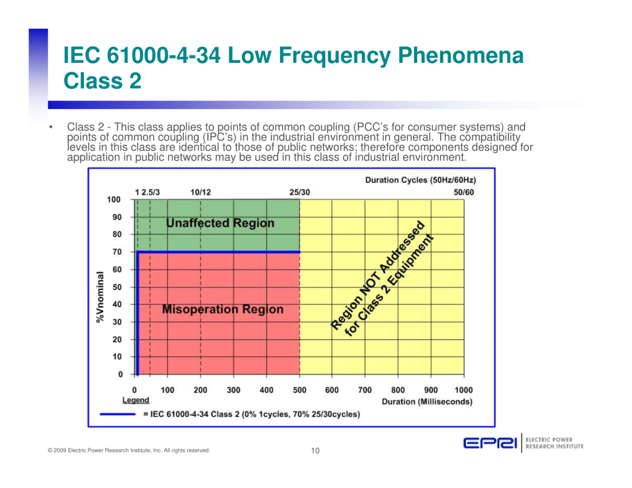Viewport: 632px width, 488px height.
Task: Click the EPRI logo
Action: click(491, 444)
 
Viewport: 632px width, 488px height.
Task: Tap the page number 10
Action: click(315, 451)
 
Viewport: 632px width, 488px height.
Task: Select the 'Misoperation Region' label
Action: click(222, 310)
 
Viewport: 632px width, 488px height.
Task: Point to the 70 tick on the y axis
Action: click(117, 252)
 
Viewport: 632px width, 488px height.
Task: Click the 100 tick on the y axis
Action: click(114, 199)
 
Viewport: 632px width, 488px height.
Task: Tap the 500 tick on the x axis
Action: click(299, 390)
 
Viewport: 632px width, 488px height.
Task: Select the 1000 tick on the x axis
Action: click(464, 390)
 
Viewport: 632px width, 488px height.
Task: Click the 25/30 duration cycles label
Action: click(299, 192)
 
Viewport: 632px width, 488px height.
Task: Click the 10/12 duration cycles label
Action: click(201, 192)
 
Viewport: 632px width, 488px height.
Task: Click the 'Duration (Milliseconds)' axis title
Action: click(427, 402)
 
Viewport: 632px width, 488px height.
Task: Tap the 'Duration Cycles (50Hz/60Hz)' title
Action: click(420, 180)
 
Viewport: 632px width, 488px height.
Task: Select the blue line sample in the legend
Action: click(118, 414)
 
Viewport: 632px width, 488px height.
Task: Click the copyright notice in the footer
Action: click(128, 450)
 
